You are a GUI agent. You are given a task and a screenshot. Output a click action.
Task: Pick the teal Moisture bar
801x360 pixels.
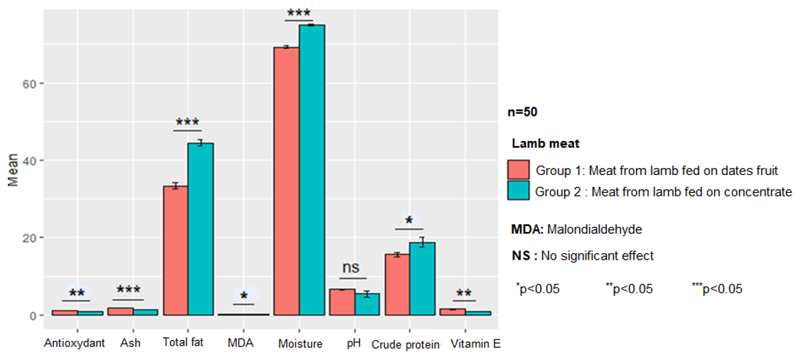pos(312,170)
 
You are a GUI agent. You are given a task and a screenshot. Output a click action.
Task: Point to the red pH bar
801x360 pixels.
pos(342,302)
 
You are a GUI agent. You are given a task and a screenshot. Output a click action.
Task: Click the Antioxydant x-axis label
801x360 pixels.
pos(74,344)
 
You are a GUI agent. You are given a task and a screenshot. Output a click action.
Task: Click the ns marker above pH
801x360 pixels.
pos(351,268)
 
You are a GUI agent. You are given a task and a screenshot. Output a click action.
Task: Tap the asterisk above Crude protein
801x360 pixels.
pos(409,221)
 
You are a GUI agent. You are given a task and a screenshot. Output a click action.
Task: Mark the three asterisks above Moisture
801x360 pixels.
pos(299,14)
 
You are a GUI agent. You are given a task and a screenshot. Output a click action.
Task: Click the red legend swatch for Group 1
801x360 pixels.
pos(519,170)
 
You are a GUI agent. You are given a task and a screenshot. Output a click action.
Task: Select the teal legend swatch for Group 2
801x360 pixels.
pos(519,191)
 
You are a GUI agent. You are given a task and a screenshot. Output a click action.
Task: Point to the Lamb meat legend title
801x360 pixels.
pos(546,144)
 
